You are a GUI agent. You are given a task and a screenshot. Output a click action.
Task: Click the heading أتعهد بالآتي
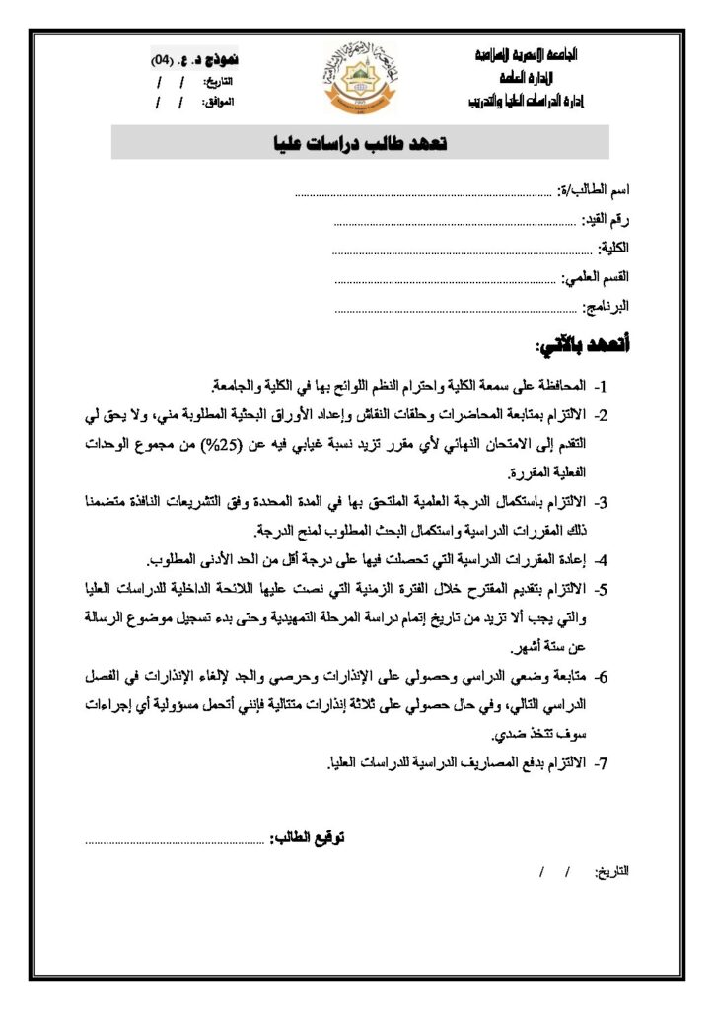tap(583, 346)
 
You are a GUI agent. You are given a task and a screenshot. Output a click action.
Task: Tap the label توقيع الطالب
tap(309, 839)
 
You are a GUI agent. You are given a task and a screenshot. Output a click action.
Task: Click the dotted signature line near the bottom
tap(178, 841)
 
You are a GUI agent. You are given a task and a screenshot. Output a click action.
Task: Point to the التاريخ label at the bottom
tap(613, 873)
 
